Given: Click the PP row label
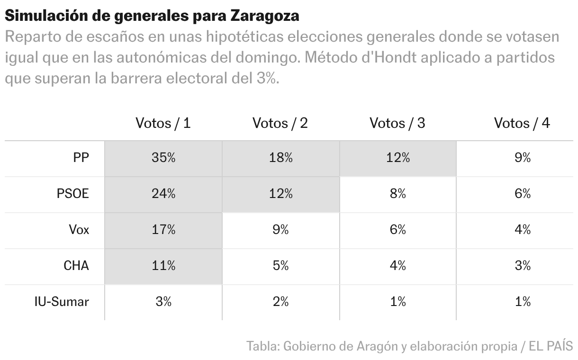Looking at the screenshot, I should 81,158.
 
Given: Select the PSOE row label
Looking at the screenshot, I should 72,194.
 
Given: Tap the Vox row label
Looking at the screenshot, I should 79,230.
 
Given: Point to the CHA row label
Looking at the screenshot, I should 76,266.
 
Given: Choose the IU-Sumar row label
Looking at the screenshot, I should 62,302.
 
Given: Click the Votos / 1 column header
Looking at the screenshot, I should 163,123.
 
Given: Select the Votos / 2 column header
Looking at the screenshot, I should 280,123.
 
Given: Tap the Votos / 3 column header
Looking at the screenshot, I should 397,123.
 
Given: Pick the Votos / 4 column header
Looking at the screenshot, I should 522,123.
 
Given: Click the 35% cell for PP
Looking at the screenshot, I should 163,158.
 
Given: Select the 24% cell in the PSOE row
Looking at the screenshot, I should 163,194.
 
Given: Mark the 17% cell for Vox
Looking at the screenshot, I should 163,230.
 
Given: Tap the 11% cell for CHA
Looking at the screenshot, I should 163,266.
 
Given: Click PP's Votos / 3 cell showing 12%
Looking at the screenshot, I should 397,158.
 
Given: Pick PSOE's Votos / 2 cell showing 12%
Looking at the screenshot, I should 280,194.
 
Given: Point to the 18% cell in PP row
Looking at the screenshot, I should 280,158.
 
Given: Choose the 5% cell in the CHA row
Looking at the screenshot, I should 280,266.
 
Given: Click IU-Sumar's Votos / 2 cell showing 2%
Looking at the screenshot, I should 280,302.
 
